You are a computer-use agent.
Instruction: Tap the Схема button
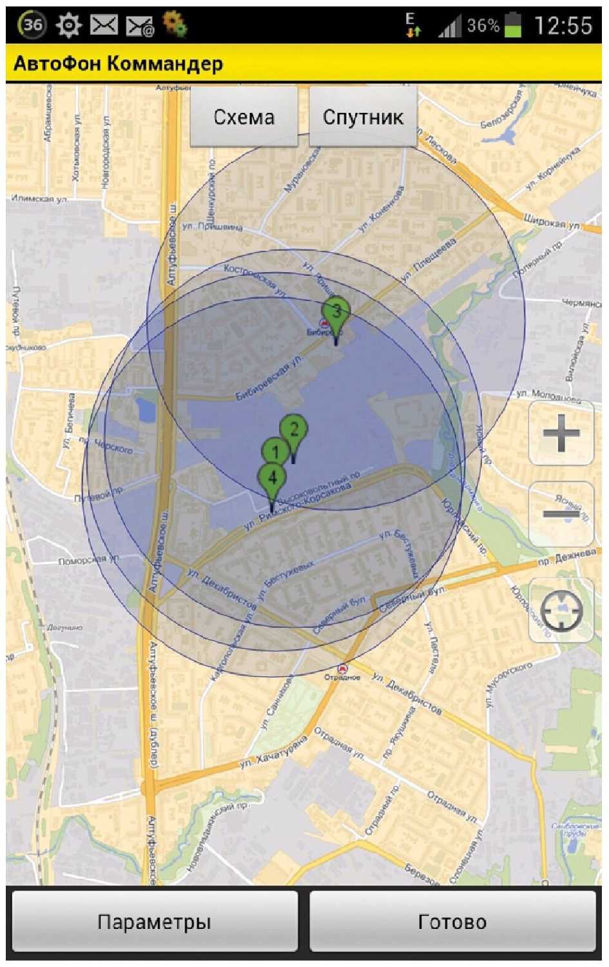click(x=244, y=117)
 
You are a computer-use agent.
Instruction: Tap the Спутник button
click(x=363, y=117)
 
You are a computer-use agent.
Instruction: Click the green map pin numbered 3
click(x=336, y=311)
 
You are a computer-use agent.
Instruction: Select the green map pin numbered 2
click(x=294, y=429)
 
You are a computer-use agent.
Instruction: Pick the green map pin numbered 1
click(x=275, y=451)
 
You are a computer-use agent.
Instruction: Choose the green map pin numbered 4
click(x=272, y=478)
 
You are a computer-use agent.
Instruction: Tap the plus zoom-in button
click(x=561, y=433)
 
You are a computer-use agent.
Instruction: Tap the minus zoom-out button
click(x=561, y=514)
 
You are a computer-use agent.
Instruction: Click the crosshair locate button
click(x=561, y=610)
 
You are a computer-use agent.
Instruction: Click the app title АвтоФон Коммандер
click(x=119, y=64)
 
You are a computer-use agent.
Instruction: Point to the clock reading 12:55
click(x=563, y=26)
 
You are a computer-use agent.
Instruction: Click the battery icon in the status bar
click(x=513, y=25)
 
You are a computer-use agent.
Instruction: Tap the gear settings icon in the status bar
click(x=69, y=25)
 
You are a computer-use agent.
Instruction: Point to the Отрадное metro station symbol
click(x=343, y=669)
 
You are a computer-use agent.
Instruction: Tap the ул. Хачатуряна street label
click(x=273, y=754)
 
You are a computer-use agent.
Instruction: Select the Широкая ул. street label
click(x=552, y=222)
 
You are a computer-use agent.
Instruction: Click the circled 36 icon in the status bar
click(x=32, y=25)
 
